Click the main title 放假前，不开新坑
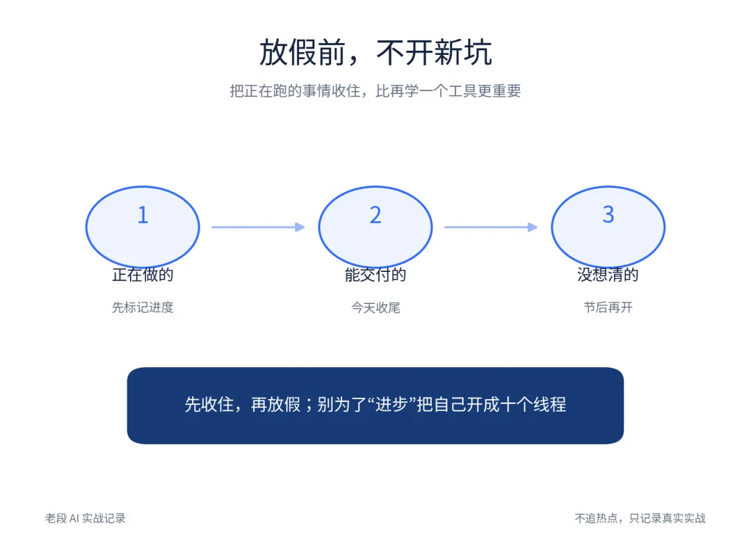375,52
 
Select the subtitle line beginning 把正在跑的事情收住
375,90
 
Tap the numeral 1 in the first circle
143,214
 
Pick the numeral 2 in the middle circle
375,214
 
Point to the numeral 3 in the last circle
608,214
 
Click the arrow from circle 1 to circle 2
258,227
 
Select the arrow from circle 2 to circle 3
491,227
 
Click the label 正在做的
143,275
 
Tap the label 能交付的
375,275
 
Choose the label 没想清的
608,275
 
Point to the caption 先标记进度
143,307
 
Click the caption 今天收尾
375,307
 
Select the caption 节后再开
608,307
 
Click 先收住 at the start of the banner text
209,405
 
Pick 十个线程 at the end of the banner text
533,405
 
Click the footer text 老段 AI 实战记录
86,518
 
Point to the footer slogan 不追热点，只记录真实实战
640,518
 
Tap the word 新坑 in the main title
463,52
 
